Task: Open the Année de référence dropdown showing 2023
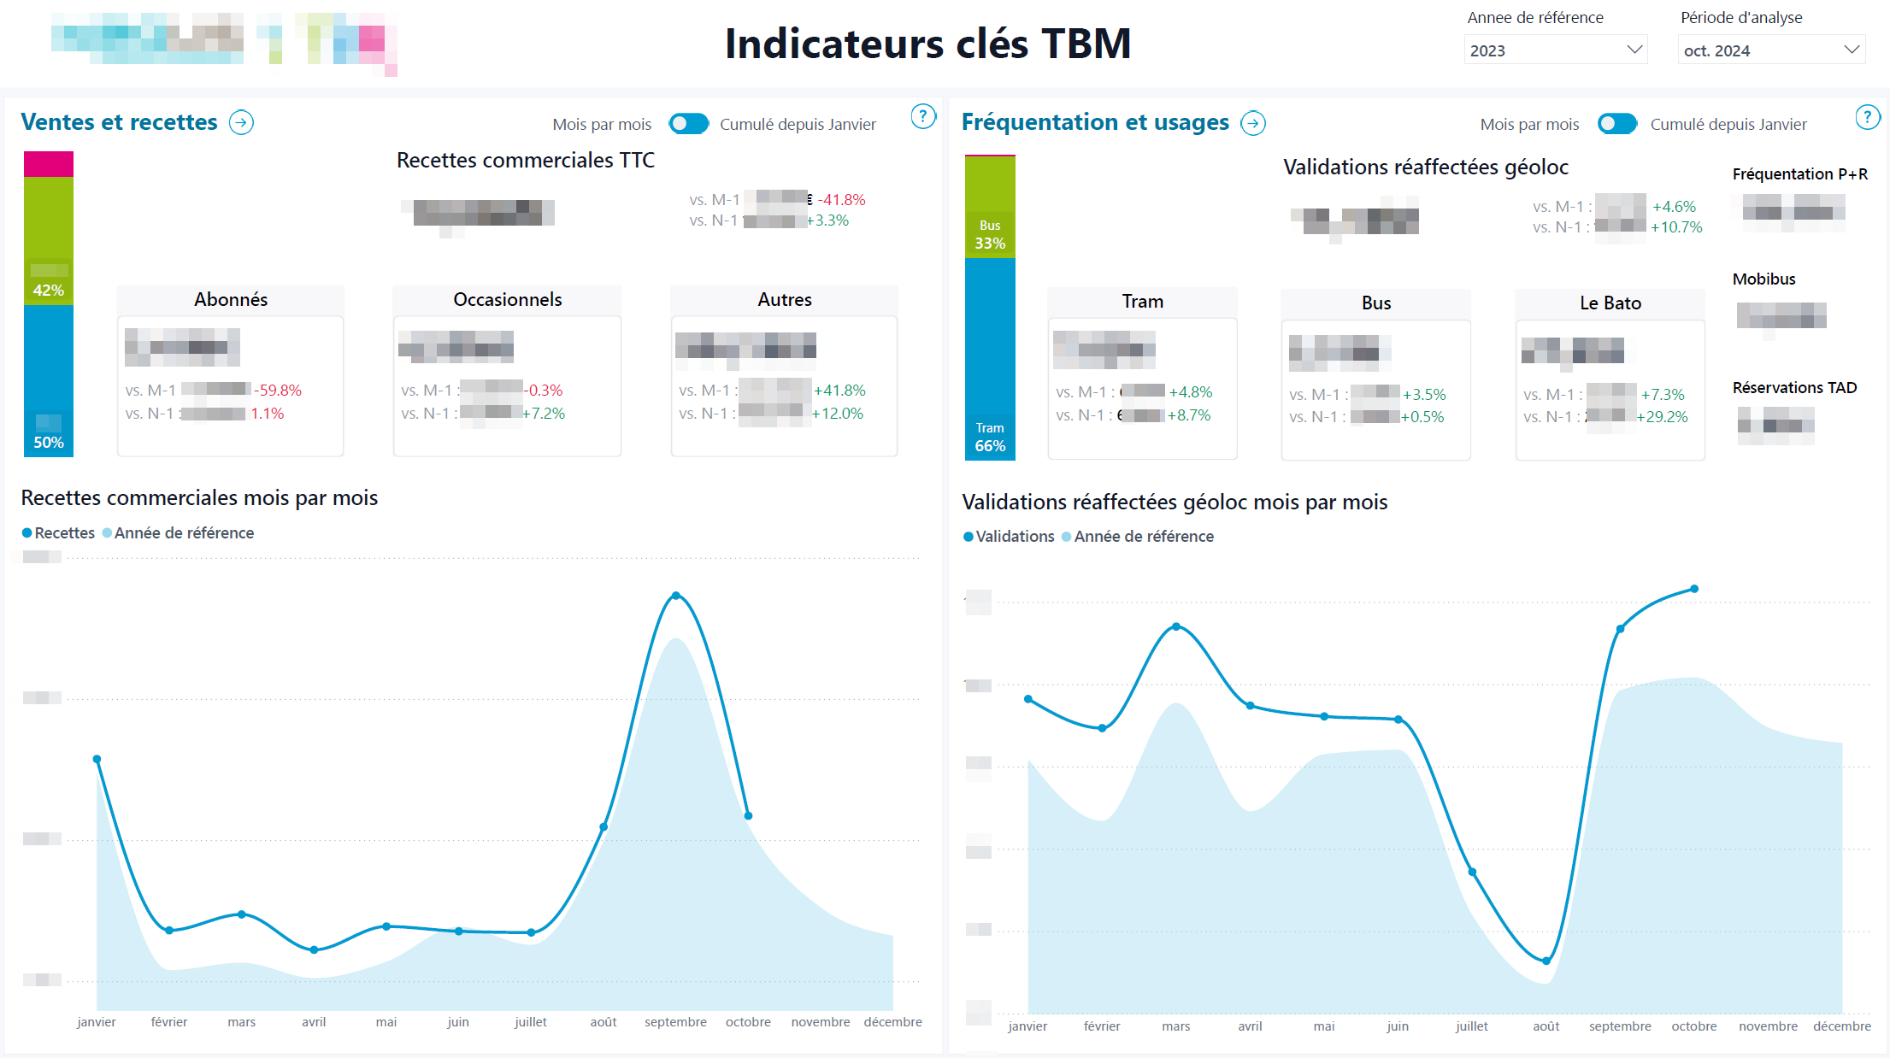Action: click(x=1555, y=50)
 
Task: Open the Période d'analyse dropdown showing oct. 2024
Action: click(x=1770, y=50)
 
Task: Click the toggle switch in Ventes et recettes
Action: click(x=688, y=124)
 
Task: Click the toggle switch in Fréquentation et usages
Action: click(x=1616, y=124)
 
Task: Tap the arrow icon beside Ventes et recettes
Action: click(x=242, y=123)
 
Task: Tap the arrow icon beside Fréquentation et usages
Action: click(x=1253, y=124)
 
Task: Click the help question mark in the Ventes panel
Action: click(x=922, y=116)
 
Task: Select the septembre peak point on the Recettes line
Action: click(x=676, y=596)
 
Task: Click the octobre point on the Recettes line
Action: click(x=748, y=816)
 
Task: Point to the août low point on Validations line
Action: click(x=1546, y=961)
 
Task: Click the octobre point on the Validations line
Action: click(x=1694, y=589)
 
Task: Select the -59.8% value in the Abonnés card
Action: click(x=278, y=391)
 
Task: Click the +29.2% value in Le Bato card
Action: click(x=1662, y=417)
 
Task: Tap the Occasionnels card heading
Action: click(x=507, y=300)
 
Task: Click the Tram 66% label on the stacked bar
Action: click(x=990, y=438)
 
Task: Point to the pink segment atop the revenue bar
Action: click(x=49, y=164)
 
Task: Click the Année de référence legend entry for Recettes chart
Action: click(x=183, y=533)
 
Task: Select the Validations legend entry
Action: click(x=1014, y=537)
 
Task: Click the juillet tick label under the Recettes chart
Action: click(x=530, y=1022)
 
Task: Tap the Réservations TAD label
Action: click(x=1794, y=388)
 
